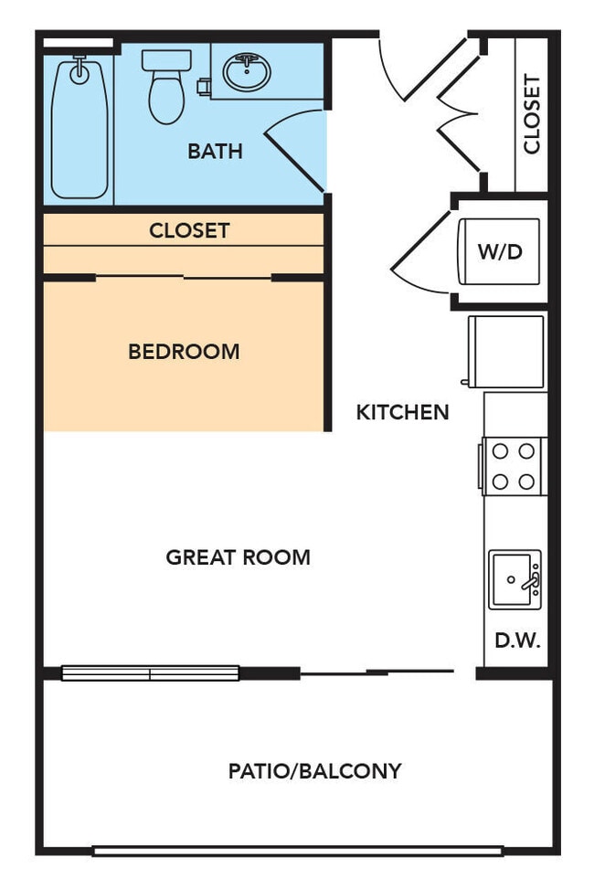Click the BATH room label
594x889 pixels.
click(x=215, y=151)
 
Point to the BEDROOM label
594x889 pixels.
click(x=184, y=351)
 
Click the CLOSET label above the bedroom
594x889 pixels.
click(x=189, y=230)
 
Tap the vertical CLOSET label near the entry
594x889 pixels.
click(x=531, y=113)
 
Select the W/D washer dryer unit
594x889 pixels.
click(x=500, y=252)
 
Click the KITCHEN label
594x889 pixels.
click(x=402, y=412)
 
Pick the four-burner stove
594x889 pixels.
click(x=514, y=466)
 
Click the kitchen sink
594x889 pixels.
click(x=514, y=579)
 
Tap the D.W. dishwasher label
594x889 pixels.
click(x=517, y=641)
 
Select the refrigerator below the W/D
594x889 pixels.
click(x=506, y=351)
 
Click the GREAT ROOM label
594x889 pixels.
click(x=238, y=556)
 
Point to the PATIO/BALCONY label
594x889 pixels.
click(x=314, y=771)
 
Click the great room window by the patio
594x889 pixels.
click(x=150, y=673)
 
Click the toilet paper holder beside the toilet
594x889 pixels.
click(x=204, y=87)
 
